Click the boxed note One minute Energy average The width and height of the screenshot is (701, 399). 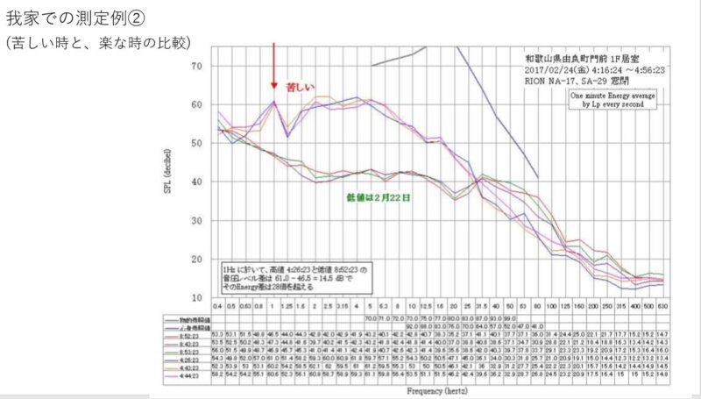click(611, 96)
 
